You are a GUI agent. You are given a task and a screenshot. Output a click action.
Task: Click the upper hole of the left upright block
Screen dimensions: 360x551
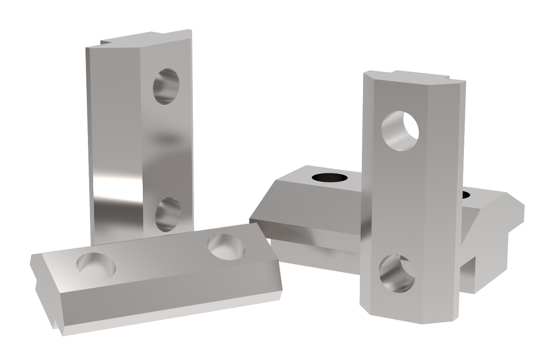pos(166,86)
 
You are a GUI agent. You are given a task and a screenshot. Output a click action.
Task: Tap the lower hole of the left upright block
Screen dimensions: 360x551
pos(168,214)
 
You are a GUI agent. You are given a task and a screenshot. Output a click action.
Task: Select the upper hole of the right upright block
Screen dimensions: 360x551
pos(400,131)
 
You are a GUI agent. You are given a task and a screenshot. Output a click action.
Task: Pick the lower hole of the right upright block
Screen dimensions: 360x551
pos(397,273)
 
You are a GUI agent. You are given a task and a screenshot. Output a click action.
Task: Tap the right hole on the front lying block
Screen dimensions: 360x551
pos(226,247)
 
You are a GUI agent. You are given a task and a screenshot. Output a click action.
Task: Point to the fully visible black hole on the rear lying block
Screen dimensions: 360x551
pos(330,177)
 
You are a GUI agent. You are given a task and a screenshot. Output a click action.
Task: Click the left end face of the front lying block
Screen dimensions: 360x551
pos(48,291)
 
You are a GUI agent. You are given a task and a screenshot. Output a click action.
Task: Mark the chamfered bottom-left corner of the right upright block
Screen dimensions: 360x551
pos(365,309)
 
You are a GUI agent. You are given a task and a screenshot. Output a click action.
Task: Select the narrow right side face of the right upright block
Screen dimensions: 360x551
pos(460,202)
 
